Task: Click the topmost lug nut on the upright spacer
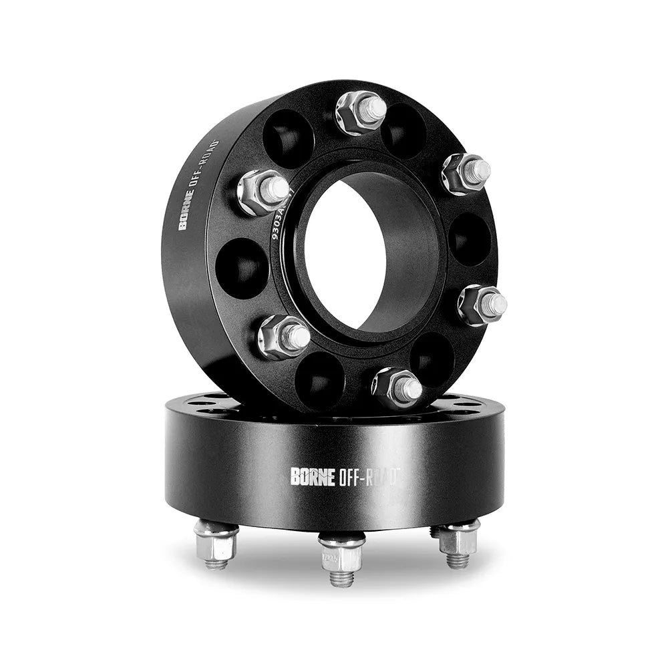361,111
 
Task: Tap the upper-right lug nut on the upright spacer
466,173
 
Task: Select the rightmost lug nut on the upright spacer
482,305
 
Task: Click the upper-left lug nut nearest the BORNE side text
263,192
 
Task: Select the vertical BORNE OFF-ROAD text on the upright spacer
198,186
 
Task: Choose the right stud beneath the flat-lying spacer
458,541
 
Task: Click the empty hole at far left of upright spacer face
241,268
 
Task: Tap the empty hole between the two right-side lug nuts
469,239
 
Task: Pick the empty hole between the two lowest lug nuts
319,380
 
